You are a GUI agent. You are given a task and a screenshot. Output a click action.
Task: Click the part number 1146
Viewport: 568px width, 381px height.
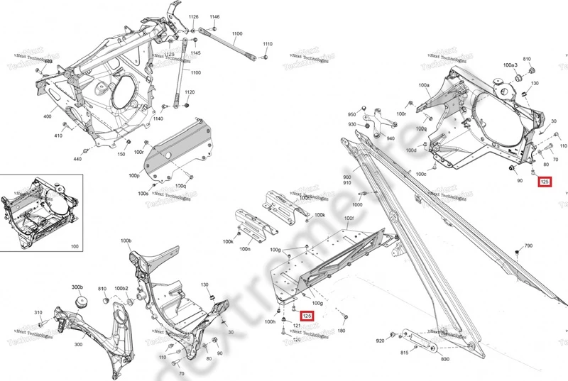(214, 16)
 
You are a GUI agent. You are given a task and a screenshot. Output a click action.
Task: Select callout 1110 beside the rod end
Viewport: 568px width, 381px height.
(267, 44)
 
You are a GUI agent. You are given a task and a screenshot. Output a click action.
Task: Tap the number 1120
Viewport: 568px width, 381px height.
(190, 93)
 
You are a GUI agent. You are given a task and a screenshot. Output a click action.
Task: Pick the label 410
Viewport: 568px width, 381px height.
(58, 135)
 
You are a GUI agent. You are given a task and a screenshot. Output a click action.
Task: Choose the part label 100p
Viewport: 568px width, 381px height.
(133, 175)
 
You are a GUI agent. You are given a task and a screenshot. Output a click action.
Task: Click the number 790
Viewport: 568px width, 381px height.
(528, 245)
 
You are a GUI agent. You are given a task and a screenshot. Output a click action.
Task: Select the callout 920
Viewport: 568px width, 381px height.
(380, 341)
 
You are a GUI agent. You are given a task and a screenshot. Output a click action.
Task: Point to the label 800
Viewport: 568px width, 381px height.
(445, 360)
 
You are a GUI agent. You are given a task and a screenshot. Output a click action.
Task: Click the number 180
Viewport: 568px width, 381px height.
(342, 331)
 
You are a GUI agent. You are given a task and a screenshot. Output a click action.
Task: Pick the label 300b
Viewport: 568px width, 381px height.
(77, 287)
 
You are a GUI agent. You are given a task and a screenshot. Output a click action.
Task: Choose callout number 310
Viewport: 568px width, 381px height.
(38, 312)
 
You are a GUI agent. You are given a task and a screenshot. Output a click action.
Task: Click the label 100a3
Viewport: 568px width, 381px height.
(510, 65)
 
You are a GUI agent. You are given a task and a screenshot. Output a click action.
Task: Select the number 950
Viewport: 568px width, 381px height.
(351, 114)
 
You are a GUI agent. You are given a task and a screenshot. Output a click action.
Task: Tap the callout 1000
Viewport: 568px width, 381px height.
(356, 204)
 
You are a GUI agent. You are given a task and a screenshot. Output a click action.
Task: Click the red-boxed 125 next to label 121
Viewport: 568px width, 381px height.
(307, 316)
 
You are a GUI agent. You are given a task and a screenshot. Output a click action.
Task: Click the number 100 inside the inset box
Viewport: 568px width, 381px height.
(75, 246)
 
